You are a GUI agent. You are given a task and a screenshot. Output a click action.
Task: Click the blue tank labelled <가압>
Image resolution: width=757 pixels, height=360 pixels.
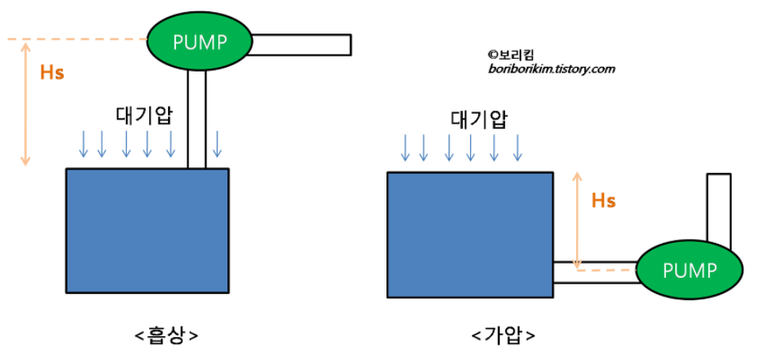(469, 234)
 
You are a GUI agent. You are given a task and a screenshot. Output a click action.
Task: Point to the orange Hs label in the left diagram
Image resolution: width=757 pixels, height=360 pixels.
(52, 72)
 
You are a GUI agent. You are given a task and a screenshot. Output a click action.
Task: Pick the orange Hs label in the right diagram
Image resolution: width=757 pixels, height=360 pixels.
(603, 201)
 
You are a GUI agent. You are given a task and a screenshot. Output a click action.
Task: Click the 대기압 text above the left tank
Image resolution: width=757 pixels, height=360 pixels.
(145, 114)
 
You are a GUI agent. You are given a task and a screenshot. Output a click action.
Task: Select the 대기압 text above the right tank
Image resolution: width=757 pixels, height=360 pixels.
(479, 119)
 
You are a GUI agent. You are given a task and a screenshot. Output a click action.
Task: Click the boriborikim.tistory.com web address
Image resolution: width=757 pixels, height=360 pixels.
(551, 69)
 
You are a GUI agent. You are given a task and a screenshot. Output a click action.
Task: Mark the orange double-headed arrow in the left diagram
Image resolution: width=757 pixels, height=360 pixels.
(25, 104)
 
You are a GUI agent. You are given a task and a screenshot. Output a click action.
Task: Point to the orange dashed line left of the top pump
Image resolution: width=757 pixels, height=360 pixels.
(76, 38)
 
